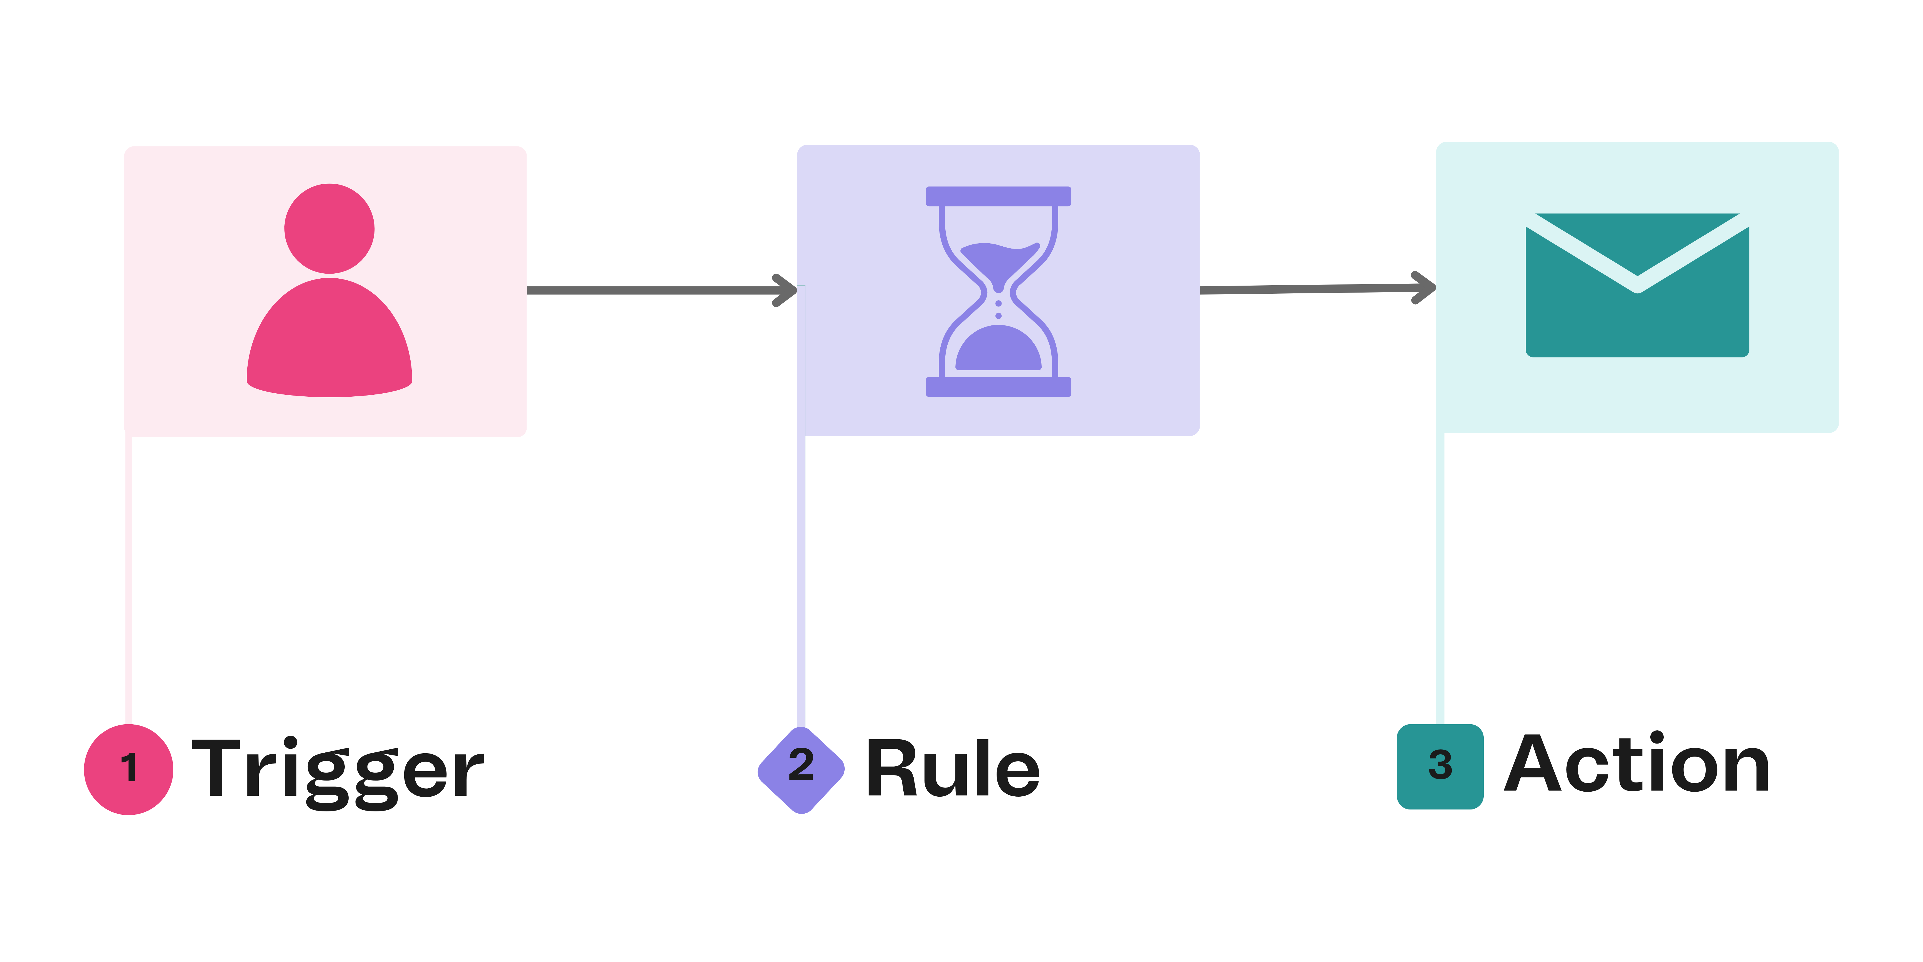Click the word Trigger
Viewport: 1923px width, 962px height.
pyautogui.click(x=337, y=769)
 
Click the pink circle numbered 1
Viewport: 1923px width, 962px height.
pyautogui.click(x=129, y=769)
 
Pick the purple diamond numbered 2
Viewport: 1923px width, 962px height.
pyautogui.click(x=801, y=769)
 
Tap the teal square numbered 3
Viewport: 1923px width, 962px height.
pyautogui.click(x=1440, y=766)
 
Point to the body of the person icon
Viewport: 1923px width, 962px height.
pyautogui.click(x=329, y=340)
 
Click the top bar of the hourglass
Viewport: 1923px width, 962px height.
pyautogui.click(x=998, y=196)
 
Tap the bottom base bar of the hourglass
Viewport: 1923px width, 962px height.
pyautogui.click(x=998, y=387)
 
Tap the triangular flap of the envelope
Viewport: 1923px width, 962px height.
pyautogui.click(x=1637, y=239)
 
